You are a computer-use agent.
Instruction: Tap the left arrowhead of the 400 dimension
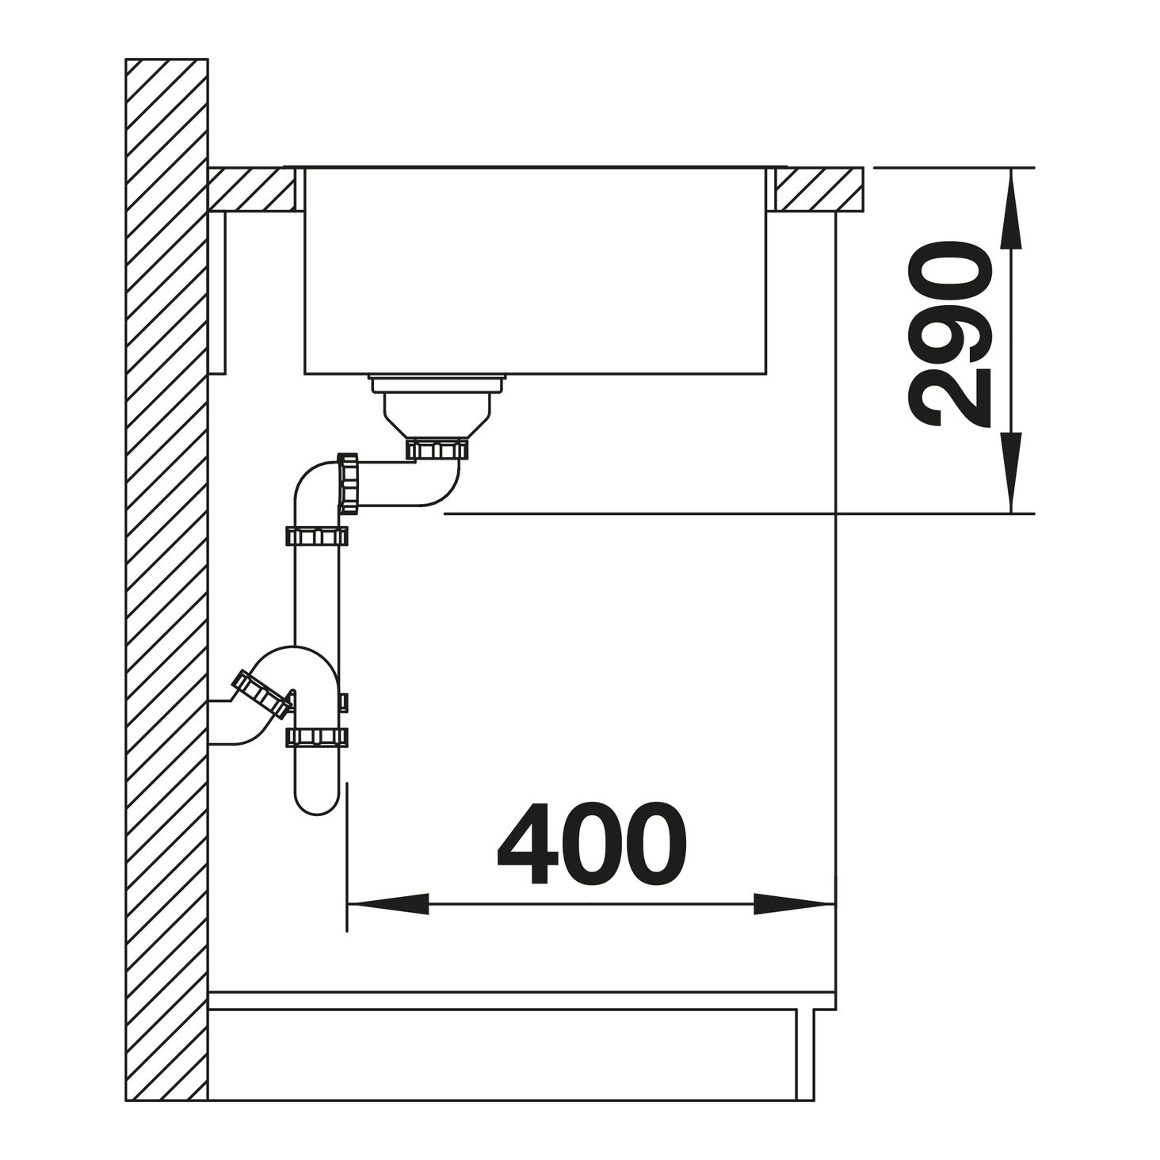click(388, 903)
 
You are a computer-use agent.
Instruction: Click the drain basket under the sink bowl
click(437, 404)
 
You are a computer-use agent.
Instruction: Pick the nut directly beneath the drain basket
click(437, 450)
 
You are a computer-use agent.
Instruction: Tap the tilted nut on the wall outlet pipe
click(260, 693)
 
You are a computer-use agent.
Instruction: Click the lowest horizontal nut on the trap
click(316, 737)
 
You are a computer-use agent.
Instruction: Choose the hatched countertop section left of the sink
click(252, 189)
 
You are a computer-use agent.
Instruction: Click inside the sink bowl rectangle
click(536, 269)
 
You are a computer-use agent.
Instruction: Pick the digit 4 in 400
click(531, 844)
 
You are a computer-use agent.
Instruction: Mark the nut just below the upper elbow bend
click(316, 536)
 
